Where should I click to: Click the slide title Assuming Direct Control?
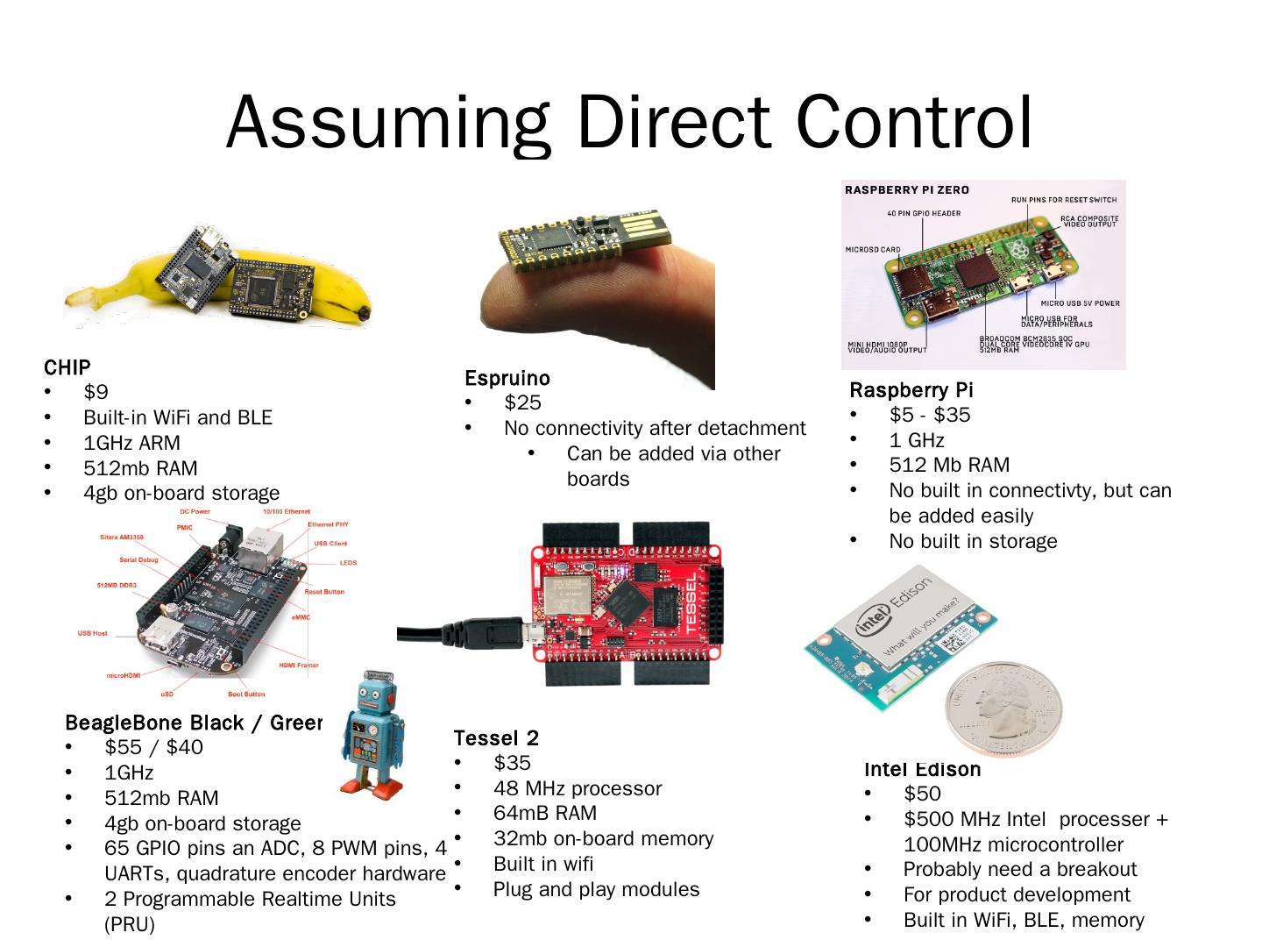[x=629, y=122]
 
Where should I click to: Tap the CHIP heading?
[x=67, y=367]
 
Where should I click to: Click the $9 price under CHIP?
[x=96, y=392]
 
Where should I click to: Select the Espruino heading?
[x=507, y=378]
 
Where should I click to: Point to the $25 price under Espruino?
[x=522, y=402]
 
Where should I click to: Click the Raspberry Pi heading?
[x=911, y=390]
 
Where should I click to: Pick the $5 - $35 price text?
[x=929, y=415]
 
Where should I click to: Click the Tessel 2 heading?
[x=496, y=737]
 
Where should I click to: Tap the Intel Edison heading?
[x=922, y=769]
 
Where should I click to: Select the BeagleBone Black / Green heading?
[x=193, y=723]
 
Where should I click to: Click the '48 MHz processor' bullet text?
[x=577, y=788]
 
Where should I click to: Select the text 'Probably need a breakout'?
[x=1019, y=869]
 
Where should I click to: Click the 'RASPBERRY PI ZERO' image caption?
[x=906, y=190]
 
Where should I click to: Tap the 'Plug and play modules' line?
[x=596, y=889]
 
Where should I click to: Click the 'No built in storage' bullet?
[x=973, y=541]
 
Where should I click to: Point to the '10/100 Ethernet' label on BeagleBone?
[x=287, y=511]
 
